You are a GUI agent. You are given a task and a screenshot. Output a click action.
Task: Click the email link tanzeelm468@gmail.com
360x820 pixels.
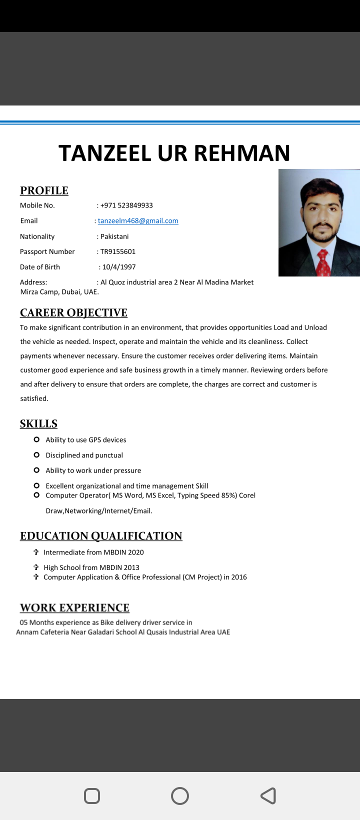(x=138, y=221)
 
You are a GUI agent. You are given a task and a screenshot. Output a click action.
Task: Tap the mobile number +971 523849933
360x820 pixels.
(x=126, y=205)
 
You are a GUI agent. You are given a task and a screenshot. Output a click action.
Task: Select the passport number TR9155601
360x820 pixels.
(x=118, y=251)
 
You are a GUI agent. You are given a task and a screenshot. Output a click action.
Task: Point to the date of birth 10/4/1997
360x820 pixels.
(x=119, y=267)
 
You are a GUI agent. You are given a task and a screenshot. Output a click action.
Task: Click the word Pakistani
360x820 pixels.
(x=114, y=236)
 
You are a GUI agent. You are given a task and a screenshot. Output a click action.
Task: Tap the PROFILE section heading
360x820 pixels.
(x=44, y=190)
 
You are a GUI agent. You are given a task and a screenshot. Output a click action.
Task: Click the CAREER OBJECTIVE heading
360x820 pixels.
(x=73, y=313)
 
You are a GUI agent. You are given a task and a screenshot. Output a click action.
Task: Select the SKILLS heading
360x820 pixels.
(x=38, y=424)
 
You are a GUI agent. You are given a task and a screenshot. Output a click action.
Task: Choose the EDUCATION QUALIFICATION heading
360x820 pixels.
(x=101, y=536)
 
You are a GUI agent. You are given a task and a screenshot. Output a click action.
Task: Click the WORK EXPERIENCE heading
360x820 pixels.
(x=74, y=608)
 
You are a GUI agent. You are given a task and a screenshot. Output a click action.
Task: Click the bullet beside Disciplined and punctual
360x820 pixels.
(x=36, y=455)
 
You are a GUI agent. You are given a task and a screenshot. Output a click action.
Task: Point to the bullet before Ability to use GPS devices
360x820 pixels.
(x=36, y=439)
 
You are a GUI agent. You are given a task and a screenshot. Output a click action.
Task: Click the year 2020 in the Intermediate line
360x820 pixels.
(x=135, y=552)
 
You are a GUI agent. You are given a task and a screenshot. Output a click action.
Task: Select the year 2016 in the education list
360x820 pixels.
(x=239, y=577)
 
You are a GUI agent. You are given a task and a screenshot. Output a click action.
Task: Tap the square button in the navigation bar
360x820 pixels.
(x=92, y=796)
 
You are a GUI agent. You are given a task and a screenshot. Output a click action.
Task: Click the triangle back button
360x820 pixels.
(x=268, y=796)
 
